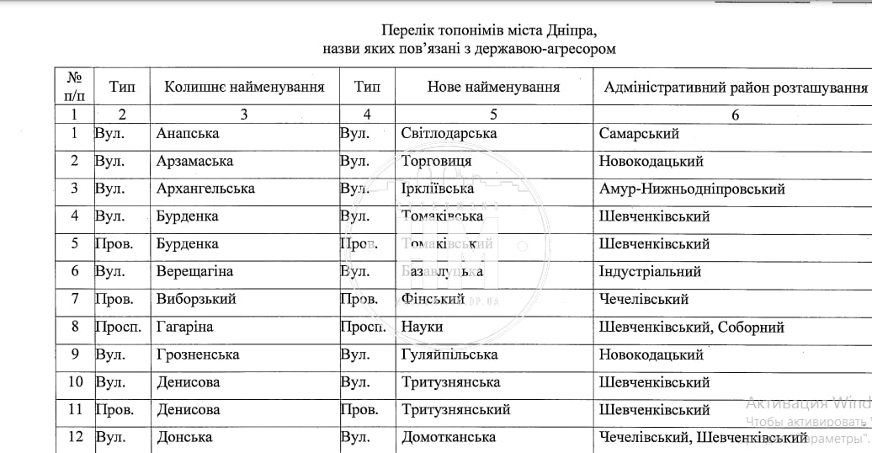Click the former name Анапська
click(x=188, y=133)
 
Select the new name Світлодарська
click(x=449, y=133)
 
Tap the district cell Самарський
click(x=639, y=133)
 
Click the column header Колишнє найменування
click(x=244, y=88)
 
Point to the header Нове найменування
click(x=493, y=88)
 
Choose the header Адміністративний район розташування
click(x=735, y=88)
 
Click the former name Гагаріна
click(x=184, y=327)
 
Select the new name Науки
click(x=422, y=327)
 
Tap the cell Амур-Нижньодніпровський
click(x=692, y=189)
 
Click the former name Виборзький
click(x=196, y=299)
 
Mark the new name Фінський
click(x=433, y=299)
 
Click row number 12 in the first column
click(x=75, y=437)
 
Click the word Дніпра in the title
click(x=572, y=31)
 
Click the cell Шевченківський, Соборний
click(x=691, y=327)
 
